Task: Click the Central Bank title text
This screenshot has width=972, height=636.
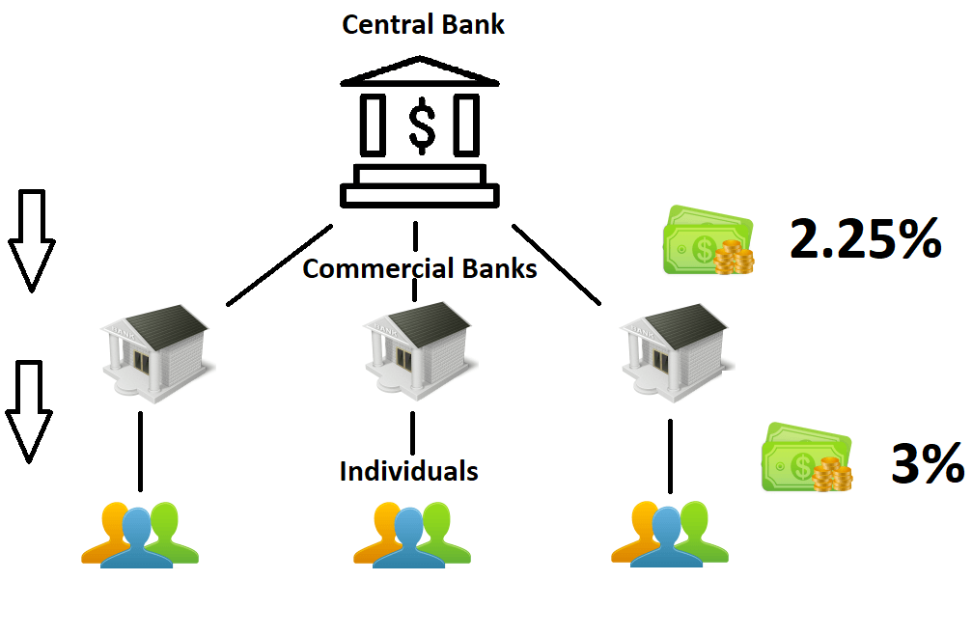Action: click(x=423, y=24)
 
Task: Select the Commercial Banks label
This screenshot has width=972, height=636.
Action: click(x=419, y=268)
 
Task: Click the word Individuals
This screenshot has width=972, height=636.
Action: click(x=408, y=471)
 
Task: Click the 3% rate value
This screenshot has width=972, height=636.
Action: click(x=928, y=465)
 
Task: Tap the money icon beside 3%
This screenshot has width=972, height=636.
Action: click(x=808, y=457)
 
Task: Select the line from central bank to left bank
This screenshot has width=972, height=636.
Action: click(x=280, y=265)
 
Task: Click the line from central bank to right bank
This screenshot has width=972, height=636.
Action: click(x=556, y=265)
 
